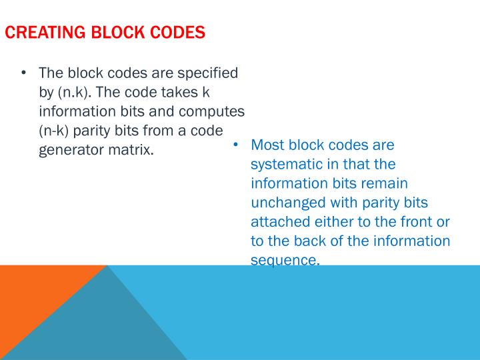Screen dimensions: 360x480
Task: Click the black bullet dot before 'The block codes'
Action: [24, 72]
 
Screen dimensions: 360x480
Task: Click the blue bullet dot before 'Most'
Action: [236, 145]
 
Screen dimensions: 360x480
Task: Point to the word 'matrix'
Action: [133, 149]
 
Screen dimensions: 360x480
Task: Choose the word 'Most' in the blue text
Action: [268, 145]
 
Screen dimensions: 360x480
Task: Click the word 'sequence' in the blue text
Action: [284, 261]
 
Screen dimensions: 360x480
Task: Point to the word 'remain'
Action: [384, 183]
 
